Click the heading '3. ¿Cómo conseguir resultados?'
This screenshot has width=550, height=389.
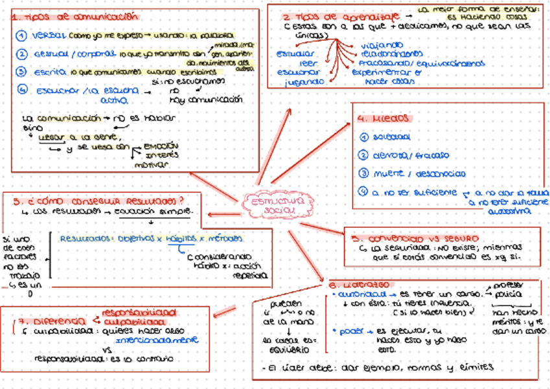pos(98,201)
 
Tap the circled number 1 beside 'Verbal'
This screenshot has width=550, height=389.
pos(21,36)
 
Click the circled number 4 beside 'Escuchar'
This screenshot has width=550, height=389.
pos(23,90)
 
